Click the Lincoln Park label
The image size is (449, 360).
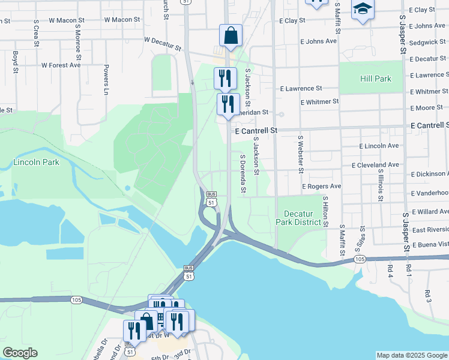pos(36,163)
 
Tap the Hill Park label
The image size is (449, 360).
pos(376,79)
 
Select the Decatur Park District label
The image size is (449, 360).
pos(298,218)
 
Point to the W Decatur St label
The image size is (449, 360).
pos(163,43)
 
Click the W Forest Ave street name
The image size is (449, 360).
pos(61,65)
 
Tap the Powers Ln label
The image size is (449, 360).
pos(106,79)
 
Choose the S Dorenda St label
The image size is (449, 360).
pos(243,174)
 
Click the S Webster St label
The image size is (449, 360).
pos(300,152)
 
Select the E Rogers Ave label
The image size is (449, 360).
pos(321,187)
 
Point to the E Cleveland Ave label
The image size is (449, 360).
pos(375,165)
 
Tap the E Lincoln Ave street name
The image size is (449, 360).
pos(379,146)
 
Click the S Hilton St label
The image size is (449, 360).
pos(325,211)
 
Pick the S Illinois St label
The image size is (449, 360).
pos(381,185)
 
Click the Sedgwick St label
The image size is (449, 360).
pos(428,43)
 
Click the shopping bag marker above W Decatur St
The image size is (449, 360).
pos(231,35)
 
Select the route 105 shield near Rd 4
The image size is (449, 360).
pos(360,259)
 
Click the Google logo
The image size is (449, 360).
pos(20,353)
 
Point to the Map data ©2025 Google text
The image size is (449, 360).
pos(411,355)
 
